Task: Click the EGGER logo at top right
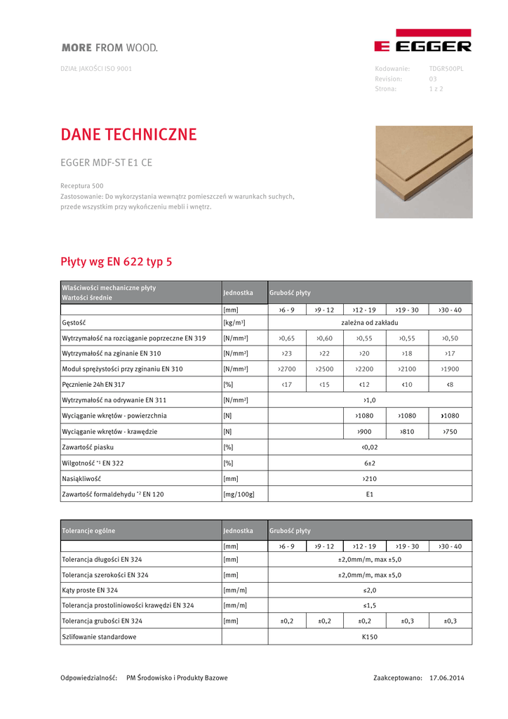click(x=422, y=41)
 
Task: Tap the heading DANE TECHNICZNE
click(x=129, y=134)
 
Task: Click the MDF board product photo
click(x=423, y=172)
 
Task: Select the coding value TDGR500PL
click(x=446, y=69)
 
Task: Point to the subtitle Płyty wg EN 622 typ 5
click(x=116, y=262)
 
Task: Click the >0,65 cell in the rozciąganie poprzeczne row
click(x=286, y=338)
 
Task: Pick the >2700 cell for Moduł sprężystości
click(x=286, y=369)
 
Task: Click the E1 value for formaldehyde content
click(x=370, y=494)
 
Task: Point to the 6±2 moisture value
click(x=370, y=463)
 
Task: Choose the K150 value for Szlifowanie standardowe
click(x=370, y=637)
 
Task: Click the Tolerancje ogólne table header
click(x=88, y=531)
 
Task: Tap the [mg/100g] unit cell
click(x=239, y=494)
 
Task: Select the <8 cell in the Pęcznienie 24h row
click(x=450, y=384)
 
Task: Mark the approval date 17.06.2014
click(x=446, y=678)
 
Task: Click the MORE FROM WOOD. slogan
click(x=109, y=48)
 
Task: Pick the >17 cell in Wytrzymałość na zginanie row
click(x=450, y=353)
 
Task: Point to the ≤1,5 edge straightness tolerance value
click(x=370, y=605)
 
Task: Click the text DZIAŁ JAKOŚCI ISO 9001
click(x=96, y=69)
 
